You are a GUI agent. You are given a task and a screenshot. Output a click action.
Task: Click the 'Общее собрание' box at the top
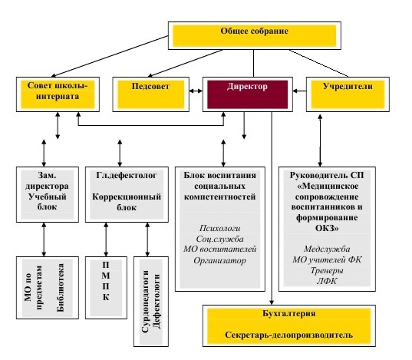click(x=255, y=36)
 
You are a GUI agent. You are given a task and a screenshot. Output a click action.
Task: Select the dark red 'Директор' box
click(x=248, y=94)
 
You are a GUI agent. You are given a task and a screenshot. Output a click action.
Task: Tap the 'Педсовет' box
click(x=151, y=94)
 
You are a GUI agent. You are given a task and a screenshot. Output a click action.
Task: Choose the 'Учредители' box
click(x=348, y=94)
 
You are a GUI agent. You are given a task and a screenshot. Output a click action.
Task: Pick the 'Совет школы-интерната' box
click(x=58, y=94)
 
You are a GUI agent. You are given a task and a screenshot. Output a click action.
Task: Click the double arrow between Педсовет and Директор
click(x=196, y=91)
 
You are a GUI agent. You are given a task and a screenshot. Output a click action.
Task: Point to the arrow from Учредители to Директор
click(x=299, y=91)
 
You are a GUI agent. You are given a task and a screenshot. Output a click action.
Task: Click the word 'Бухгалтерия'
click(x=289, y=313)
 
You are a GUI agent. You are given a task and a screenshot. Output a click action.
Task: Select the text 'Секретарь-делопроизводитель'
click(x=288, y=335)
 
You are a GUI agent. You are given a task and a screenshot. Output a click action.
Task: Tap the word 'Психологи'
click(x=219, y=228)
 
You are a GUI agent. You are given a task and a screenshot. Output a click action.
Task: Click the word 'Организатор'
click(x=219, y=260)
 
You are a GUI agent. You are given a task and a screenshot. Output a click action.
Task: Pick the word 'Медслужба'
click(x=327, y=249)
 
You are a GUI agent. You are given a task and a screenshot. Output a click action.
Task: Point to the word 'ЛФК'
click(x=327, y=281)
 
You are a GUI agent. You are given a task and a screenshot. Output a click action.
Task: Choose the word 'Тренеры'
click(x=327, y=270)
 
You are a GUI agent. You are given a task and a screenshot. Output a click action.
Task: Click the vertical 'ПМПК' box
click(x=106, y=288)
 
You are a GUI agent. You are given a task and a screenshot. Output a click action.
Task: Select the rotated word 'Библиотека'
click(x=61, y=288)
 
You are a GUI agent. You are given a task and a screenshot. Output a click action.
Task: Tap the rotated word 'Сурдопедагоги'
click(x=145, y=302)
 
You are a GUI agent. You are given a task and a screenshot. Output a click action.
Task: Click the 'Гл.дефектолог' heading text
click(x=127, y=175)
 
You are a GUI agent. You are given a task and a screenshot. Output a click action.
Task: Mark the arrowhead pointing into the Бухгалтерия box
click(x=272, y=302)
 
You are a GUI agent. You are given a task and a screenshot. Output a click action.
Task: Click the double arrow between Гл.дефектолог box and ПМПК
click(x=106, y=239)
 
